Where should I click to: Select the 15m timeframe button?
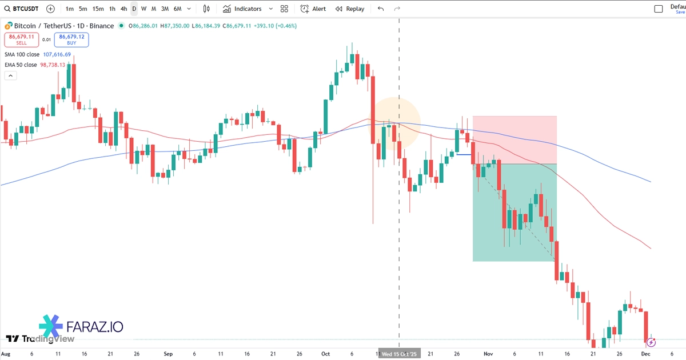coord(98,9)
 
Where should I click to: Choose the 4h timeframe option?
coord(123,9)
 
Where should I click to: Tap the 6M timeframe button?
coord(177,9)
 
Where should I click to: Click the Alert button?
coord(313,9)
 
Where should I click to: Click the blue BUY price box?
coord(71,39)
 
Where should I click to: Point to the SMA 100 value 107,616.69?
coord(57,54)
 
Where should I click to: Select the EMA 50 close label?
coord(21,65)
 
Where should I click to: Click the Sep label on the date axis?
coord(168,354)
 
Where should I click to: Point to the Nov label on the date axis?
coord(488,354)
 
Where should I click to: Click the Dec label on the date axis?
coord(645,354)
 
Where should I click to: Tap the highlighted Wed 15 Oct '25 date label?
coord(400,354)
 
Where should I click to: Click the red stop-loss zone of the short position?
coord(514,140)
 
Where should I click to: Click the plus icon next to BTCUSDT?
coord(51,9)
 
